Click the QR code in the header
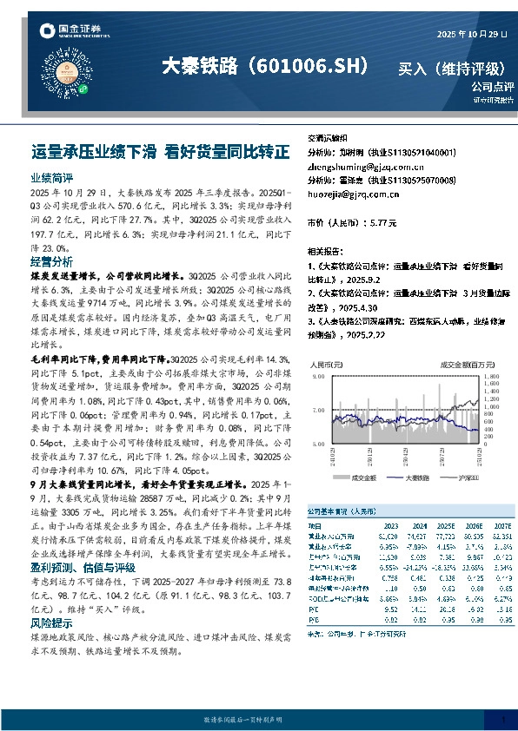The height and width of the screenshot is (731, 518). (85, 74)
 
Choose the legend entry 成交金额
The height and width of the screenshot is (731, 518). (361, 477)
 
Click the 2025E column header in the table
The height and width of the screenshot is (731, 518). (445, 525)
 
